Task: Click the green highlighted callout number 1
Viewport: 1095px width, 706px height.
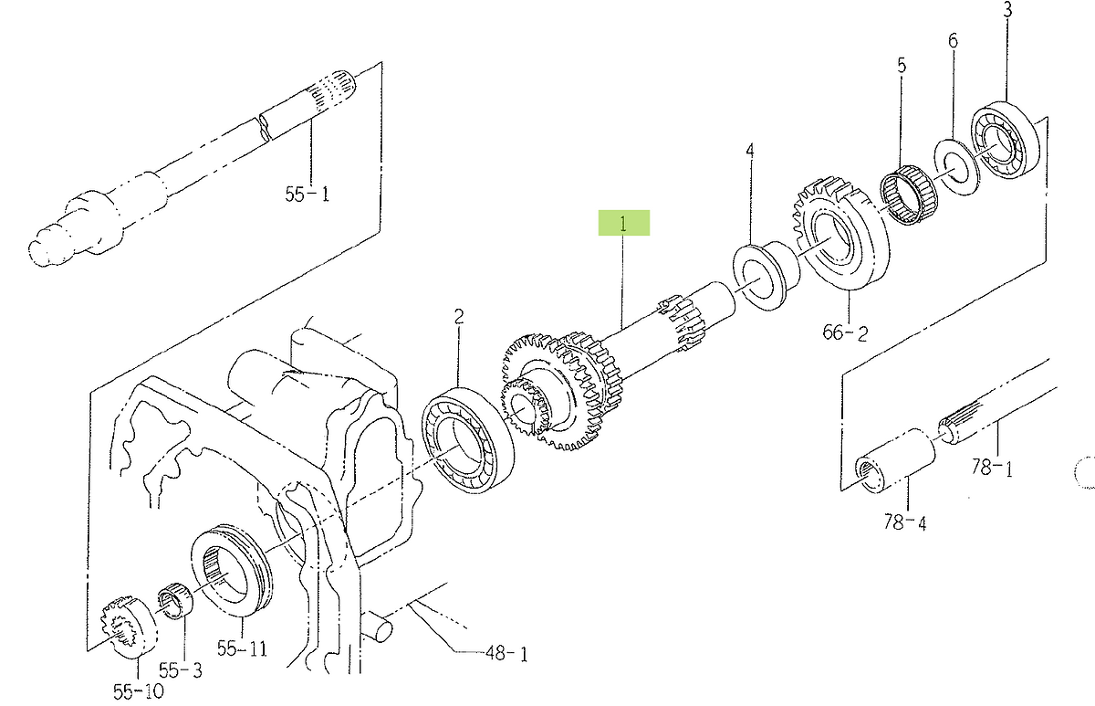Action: [623, 224]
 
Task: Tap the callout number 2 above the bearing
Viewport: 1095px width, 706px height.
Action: [458, 317]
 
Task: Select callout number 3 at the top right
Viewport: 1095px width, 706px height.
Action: [1007, 10]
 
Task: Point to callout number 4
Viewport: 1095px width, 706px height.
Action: [750, 150]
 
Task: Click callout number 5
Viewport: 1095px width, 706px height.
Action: [902, 66]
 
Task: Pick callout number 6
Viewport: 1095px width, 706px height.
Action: [953, 40]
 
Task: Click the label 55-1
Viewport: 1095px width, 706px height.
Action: [307, 195]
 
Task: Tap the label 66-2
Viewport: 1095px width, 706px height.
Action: [845, 332]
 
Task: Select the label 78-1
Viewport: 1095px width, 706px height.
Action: [991, 468]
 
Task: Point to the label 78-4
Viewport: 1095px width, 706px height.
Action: [905, 522]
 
